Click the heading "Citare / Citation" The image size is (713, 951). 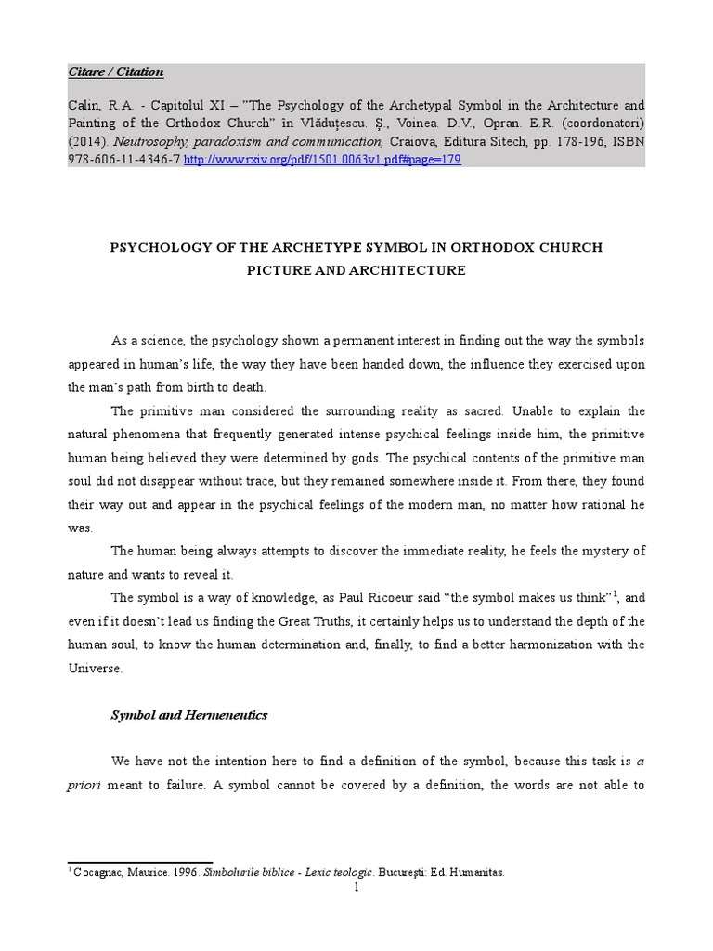tap(116, 72)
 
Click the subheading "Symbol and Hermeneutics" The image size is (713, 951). tap(188, 715)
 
